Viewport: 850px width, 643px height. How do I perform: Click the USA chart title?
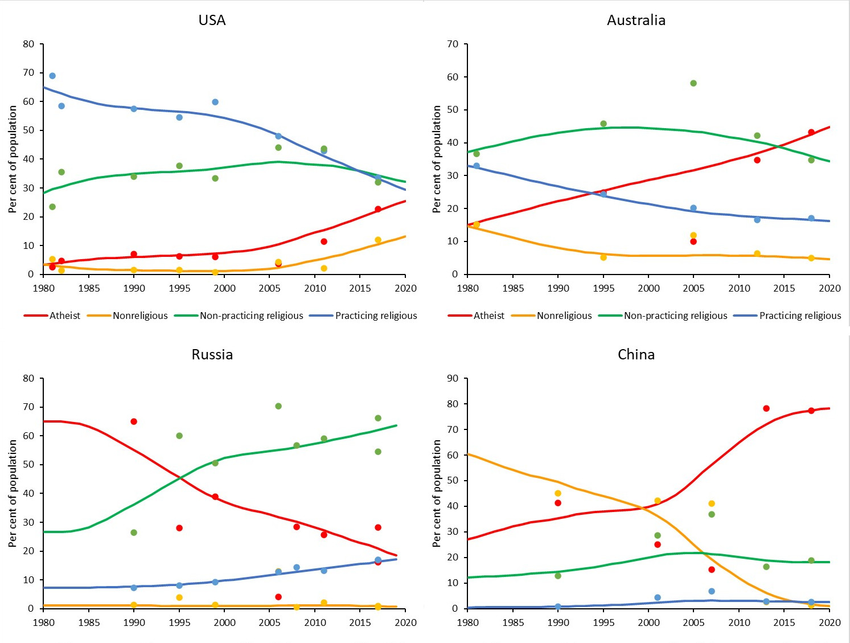(212, 20)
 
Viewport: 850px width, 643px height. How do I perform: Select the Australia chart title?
(636, 20)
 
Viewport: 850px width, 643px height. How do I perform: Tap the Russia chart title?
(212, 354)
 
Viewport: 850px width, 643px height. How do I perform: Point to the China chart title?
(636, 354)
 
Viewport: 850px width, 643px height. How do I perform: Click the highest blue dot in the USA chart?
(52, 76)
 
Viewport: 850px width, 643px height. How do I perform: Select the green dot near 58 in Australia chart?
(693, 83)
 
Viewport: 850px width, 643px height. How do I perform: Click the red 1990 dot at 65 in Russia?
(134, 421)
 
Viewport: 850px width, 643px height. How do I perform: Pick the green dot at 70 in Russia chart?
(278, 406)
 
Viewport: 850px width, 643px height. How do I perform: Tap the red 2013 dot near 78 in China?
(766, 408)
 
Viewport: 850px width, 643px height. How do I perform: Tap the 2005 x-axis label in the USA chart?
(269, 288)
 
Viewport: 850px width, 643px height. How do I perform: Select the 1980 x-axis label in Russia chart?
(44, 622)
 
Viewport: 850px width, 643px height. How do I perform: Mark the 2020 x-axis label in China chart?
(830, 622)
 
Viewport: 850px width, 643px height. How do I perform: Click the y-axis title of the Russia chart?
(13, 493)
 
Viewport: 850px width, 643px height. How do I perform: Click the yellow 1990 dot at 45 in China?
(558, 493)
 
